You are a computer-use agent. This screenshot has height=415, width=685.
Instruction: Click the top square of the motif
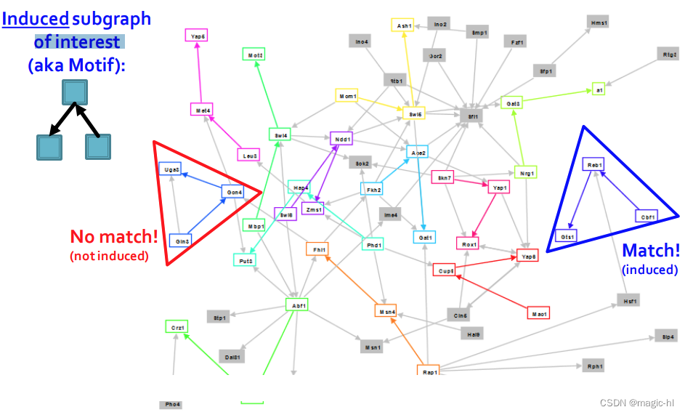point(75,92)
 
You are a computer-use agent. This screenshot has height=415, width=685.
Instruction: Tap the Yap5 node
point(197,36)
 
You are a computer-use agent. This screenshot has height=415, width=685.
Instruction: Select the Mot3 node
point(254,55)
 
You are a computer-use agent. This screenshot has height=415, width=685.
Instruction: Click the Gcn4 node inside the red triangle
point(233,192)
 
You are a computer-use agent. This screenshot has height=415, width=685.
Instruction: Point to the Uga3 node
point(171,169)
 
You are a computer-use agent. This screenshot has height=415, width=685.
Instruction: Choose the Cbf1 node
point(647,216)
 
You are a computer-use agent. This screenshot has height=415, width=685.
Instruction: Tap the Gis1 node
point(567,236)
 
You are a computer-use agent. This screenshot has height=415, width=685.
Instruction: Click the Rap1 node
point(429,371)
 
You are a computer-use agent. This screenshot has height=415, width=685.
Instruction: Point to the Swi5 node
point(414,113)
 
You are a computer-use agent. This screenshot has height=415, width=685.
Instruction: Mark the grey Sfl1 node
point(471,116)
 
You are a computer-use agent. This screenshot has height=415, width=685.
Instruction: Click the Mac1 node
point(538,313)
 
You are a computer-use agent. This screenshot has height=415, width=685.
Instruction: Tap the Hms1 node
point(599,23)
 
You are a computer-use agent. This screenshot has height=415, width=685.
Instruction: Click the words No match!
point(113,237)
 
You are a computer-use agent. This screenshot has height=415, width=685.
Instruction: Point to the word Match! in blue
point(651,251)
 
